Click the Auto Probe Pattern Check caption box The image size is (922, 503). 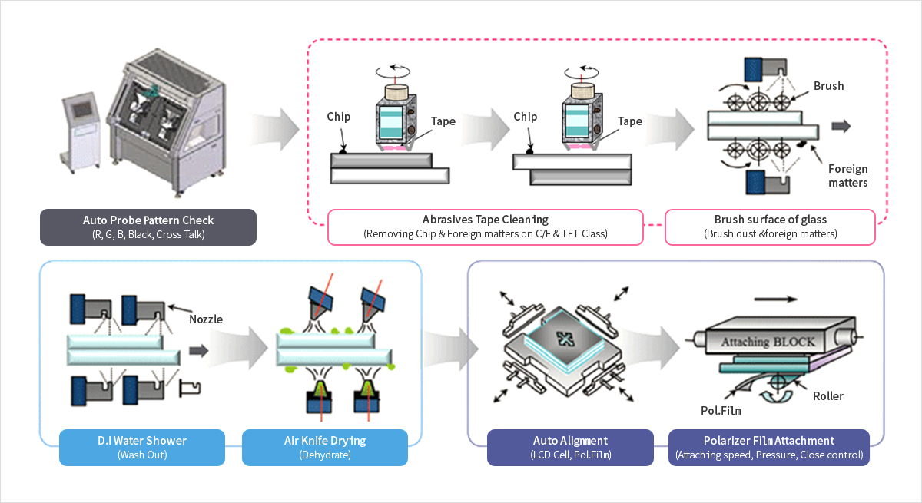click(148, 227)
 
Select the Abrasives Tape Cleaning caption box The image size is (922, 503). click(486, 227)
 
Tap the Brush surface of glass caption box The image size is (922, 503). click(769, 227)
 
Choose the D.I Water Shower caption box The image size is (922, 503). click(142, 447)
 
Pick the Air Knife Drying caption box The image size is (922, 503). click(324, 447)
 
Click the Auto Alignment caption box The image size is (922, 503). click(570, 447)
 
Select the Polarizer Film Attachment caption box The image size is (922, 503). click(769, 447)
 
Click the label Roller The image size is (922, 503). click(827, 396)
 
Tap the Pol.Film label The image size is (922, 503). click(720, 411)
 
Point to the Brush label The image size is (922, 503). click(828, 86)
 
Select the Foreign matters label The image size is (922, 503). click(847, 176)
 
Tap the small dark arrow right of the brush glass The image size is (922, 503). click(841, 127)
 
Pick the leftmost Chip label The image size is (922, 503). click(338, 117)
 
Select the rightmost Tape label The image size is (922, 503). click(630, 121)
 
